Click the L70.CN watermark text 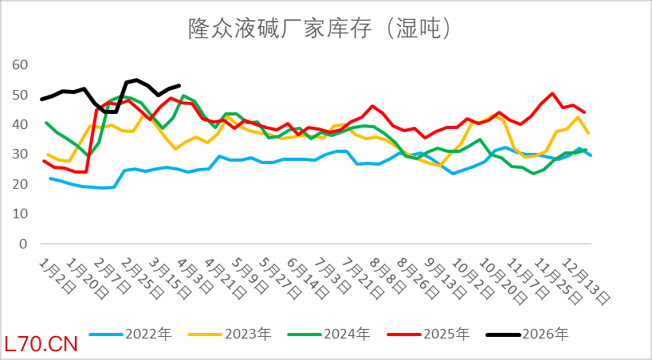pyautogui.click(x=41, y=345)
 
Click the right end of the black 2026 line pyautogui.click(x=179, y=85)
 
